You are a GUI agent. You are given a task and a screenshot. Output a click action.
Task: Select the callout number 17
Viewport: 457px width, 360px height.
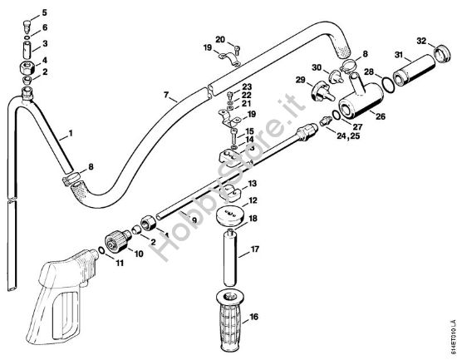[x=255, y=248]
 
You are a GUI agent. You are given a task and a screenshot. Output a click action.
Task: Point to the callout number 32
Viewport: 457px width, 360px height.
[x=421, y=41]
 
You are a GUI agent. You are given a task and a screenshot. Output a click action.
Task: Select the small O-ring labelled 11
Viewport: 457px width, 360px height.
[x=101, y=249]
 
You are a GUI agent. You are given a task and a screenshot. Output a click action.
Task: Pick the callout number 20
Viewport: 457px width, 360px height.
[x=219, y=39]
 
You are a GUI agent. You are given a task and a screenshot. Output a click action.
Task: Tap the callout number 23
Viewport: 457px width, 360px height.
[x=247, y=87]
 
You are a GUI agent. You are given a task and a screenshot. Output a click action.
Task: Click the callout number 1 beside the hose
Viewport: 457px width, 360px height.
[x=69, y=133]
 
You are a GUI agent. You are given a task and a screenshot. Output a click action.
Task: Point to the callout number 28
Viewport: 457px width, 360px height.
[x=367, y=72]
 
